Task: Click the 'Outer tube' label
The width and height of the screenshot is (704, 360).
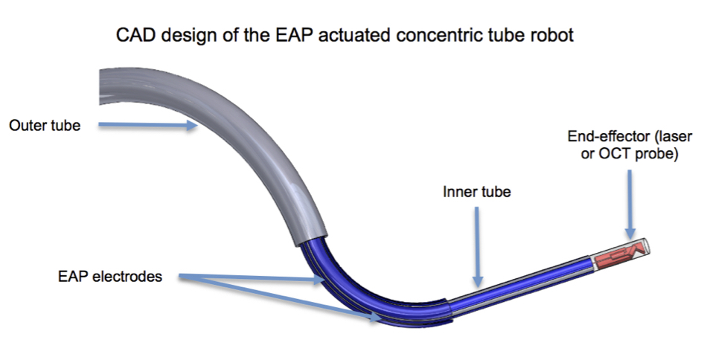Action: click(x=45, y=125)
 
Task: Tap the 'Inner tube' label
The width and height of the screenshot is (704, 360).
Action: click(x=477, y=192)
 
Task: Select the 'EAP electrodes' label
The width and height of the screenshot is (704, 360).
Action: click(x=110, y=277)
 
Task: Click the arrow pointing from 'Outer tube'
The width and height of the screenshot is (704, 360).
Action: click(x=148, y=125)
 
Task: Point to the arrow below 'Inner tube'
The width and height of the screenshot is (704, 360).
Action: click(x=478, y=247)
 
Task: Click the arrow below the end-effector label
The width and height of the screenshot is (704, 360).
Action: click(x=630, y=205)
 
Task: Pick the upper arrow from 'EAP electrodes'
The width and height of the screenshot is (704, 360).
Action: click(x=252, y=279)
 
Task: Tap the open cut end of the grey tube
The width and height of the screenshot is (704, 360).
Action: click(x=101, y=86)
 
